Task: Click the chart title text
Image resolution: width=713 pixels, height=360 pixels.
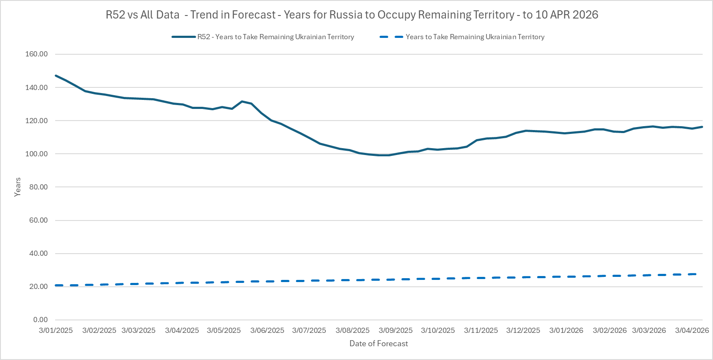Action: click(x=352, y=15)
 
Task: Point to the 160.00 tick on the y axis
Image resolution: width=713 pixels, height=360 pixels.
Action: click(x=37, y=54)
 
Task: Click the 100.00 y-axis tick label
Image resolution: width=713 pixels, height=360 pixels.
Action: click(x=37, y=154)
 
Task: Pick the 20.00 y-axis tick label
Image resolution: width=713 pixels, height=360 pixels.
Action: click(x=38, y=286)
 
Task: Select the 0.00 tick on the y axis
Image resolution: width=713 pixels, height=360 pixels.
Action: click(x=40, y=320)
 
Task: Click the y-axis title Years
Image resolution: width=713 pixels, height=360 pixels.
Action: click(x=18, y=187)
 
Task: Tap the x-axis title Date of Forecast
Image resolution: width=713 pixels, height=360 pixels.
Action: click(x=379, y=344)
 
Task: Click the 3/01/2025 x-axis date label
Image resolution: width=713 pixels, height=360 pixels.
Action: click(x=56, y=330)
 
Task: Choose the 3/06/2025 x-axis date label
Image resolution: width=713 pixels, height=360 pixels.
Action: click(x=267, y=330)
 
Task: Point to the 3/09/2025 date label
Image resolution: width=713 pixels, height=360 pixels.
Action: click(x=395, y=330)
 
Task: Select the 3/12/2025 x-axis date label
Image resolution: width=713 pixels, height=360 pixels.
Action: click(x=523, y=330)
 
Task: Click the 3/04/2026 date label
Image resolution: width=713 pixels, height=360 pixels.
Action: click(x=692, y=330)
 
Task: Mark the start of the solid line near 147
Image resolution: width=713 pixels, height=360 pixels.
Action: click(x=56, y=76)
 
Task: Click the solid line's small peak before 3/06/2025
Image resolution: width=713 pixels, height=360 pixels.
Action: click(x=242, y=101)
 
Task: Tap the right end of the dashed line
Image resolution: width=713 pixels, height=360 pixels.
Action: click(x=695, y=274)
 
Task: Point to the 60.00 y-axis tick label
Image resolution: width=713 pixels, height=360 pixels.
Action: click(x=38, y=220)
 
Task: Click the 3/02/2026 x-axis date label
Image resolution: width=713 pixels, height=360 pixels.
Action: click(x=610, y=330)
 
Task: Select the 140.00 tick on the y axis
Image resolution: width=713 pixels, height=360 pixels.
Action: click(x=37, y=87)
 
